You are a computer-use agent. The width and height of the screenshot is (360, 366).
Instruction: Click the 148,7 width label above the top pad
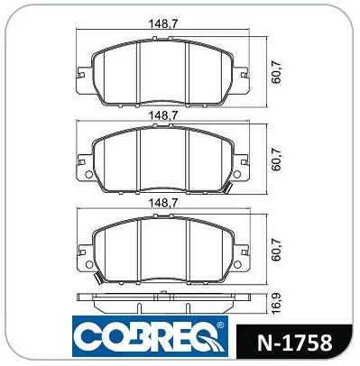pyautogui.click(x=163, y=23)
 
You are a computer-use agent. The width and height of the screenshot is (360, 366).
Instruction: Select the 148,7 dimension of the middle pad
pyautogui.click(x=163, y=115)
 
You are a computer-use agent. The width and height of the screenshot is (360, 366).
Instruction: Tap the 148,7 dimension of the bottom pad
pyautogui.click(x=163, y=204)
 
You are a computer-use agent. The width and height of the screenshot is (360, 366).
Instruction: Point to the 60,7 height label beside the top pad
pyautogui.click(x=276, y=71)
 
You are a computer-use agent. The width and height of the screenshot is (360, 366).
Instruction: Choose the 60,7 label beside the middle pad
pyautogui.click(x=276, y=160)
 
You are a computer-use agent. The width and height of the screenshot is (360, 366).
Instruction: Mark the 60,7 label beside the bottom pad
pyautogui.click(x=276, y=249)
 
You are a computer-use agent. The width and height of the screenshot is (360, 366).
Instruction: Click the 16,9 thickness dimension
pyautogui.click(x=276, y=304)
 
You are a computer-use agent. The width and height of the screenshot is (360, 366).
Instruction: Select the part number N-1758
pyautogui.click(x=294, y=343)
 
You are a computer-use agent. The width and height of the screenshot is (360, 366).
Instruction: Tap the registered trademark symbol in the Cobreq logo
pyautogui.click(x=220, y=325)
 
